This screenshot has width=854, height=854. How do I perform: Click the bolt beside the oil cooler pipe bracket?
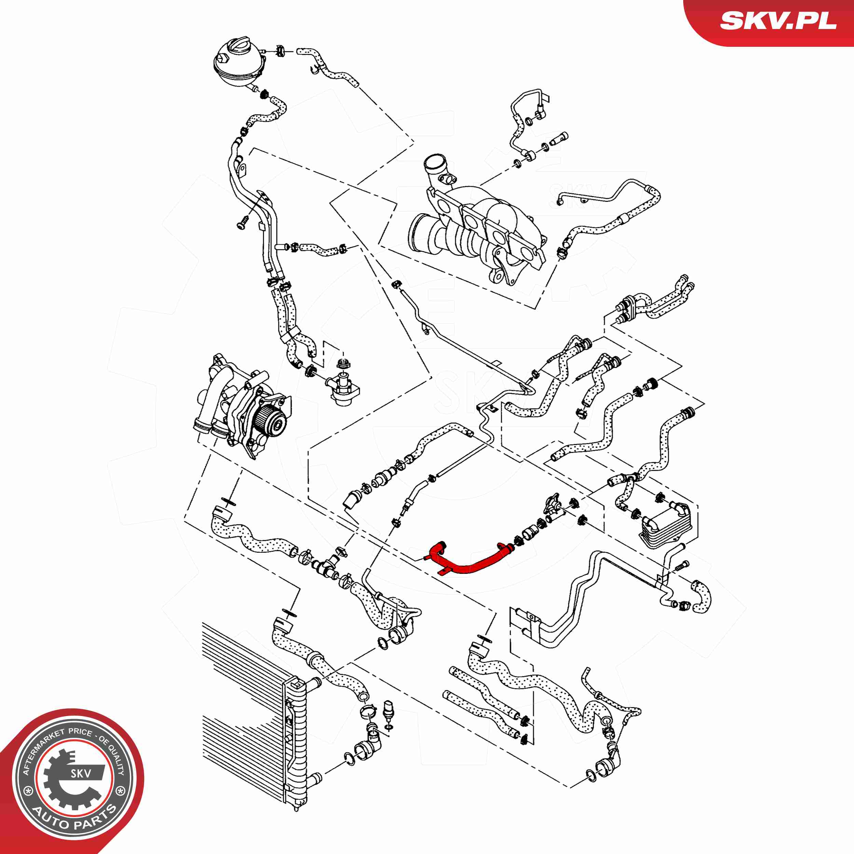(x=681, y=566)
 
